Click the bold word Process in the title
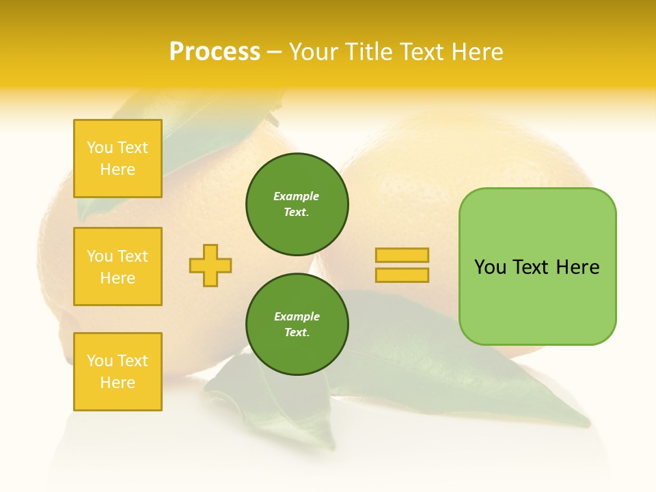coord(215,52)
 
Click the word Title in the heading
coord(368,52)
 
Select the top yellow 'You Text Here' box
coord(118,159)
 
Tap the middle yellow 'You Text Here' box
coord(118,266)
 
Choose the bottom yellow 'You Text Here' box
coord(118,372)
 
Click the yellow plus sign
coord(210,265)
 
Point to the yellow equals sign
coord(402,265)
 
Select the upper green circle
coord(297,204)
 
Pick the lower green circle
coord(297,325)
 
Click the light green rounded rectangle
coord(537,266)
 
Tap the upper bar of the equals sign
coord(402,255)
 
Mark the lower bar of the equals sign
coord(402,275)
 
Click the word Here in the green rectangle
coord(577,267)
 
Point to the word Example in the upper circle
coord(297,196)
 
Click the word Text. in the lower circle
coord(297,333)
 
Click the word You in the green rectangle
coord(489,267)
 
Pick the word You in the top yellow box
coord(100,148)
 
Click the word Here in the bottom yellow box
coord(118,383)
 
